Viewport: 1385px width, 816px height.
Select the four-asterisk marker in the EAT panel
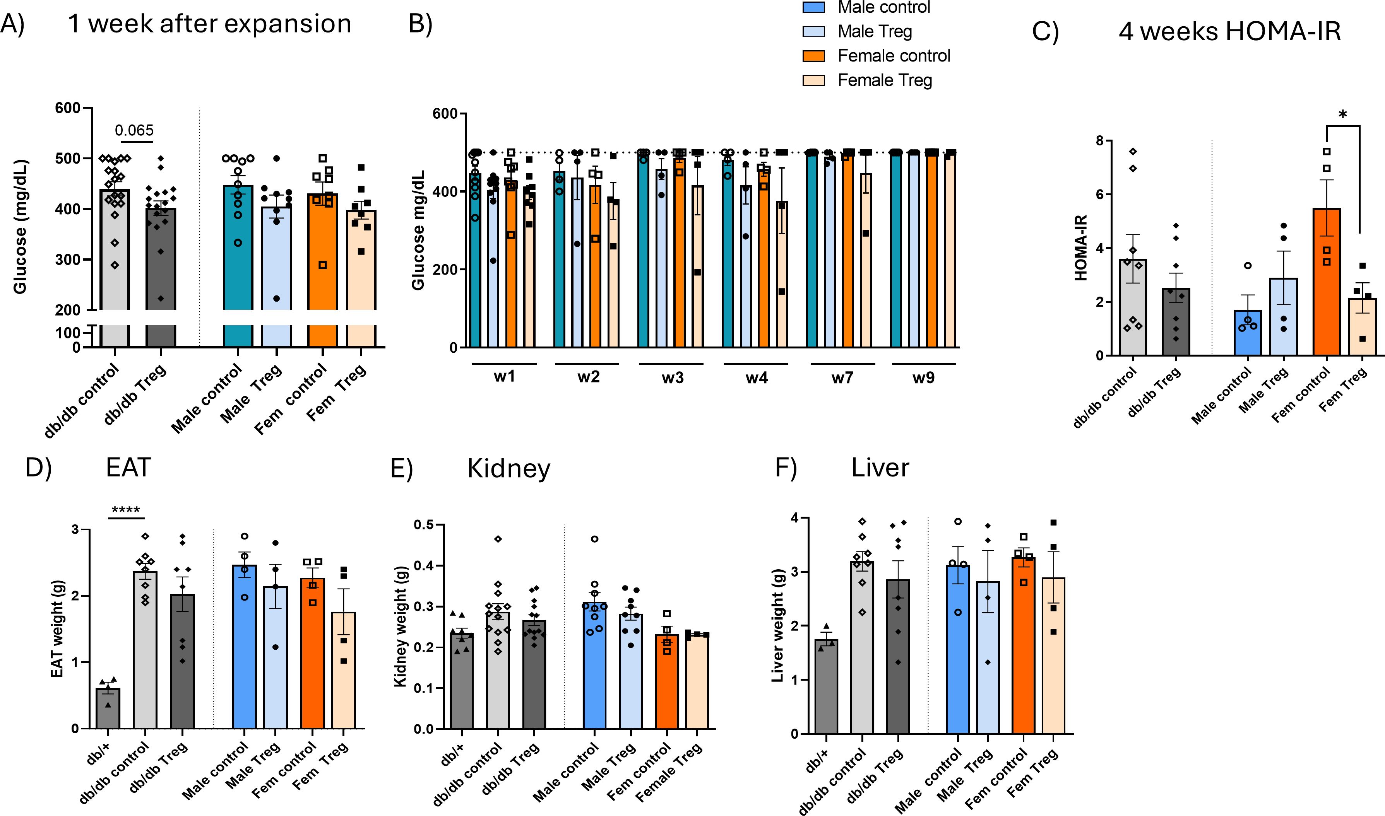click(125, 510)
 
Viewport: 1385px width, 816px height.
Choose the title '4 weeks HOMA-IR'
click(1229, 31)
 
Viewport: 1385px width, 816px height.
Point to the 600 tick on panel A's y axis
click(68, 108)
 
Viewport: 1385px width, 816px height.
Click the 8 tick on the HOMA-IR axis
click(1099, 141)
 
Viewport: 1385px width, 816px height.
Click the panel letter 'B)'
click(421, 24)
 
